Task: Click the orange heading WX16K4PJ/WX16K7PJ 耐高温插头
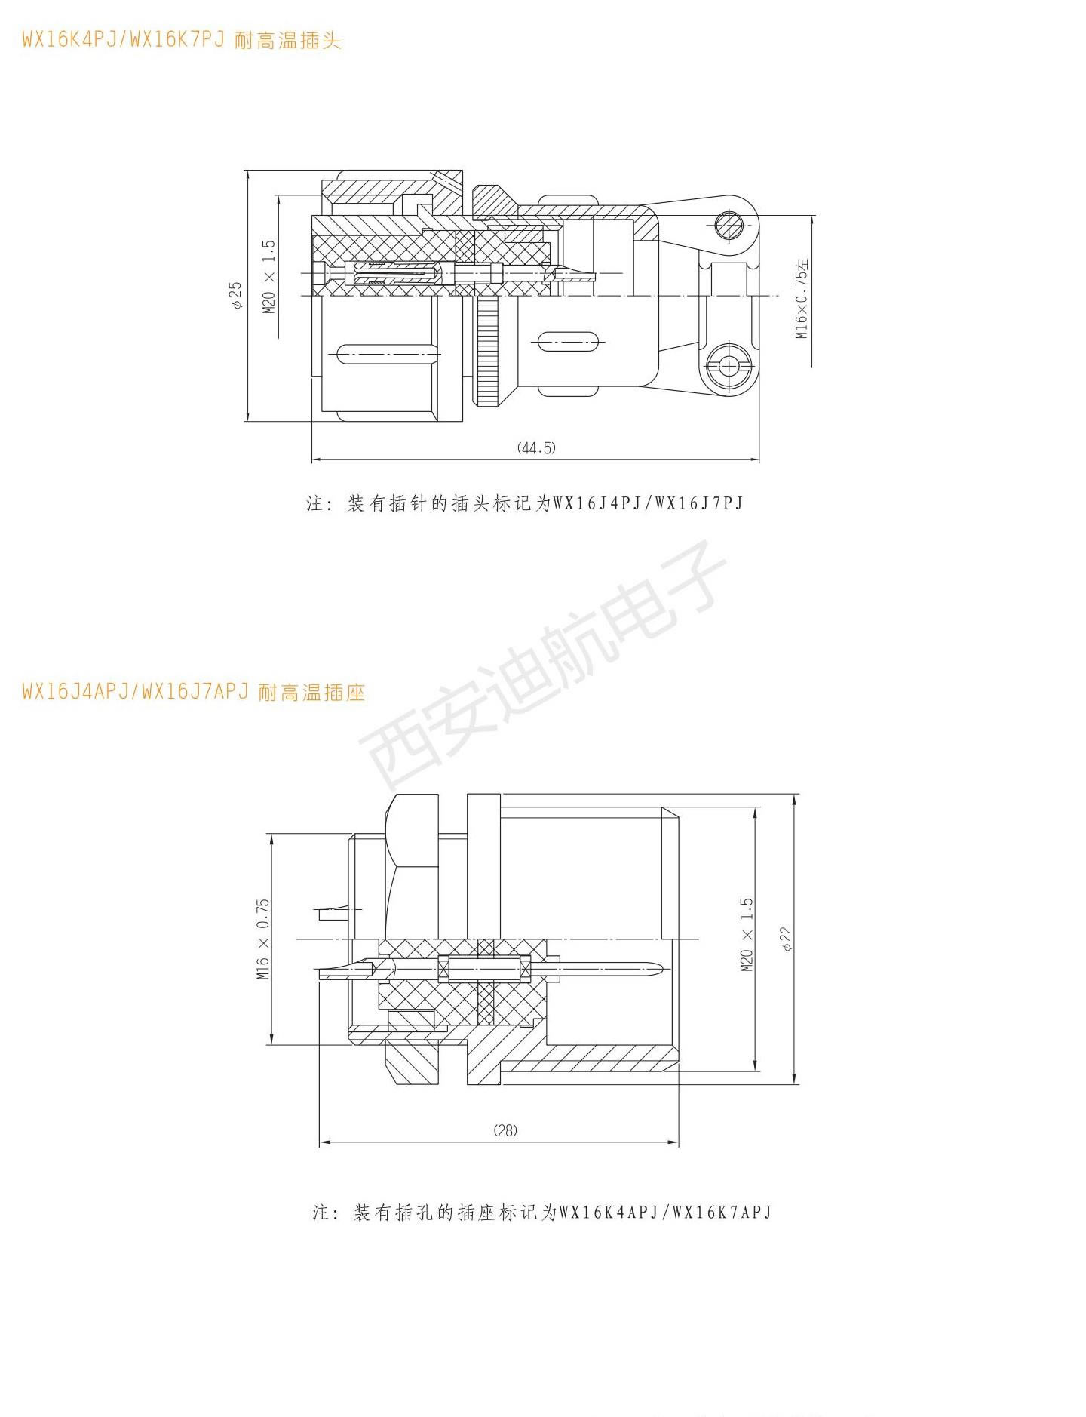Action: click(x=182, y=40)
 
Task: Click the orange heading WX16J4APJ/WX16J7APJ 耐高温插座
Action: click(x=194, y=691)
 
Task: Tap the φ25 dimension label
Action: click(x=236, y=295)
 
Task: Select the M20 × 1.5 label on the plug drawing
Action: click(x=268, y=277)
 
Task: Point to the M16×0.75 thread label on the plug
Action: click(x=802, y=300)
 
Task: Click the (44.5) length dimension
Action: click(x=536, y=447)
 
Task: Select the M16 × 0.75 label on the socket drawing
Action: click(x=262, y=939)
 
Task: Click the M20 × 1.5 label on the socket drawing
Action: click(x=747, y=934)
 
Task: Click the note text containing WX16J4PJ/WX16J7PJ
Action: click(x=525, y=503)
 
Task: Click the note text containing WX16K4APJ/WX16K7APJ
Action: click(x=542, y=1212)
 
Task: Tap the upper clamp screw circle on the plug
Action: click(x=729, y=224)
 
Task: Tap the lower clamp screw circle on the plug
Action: click(x=729, y=366)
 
